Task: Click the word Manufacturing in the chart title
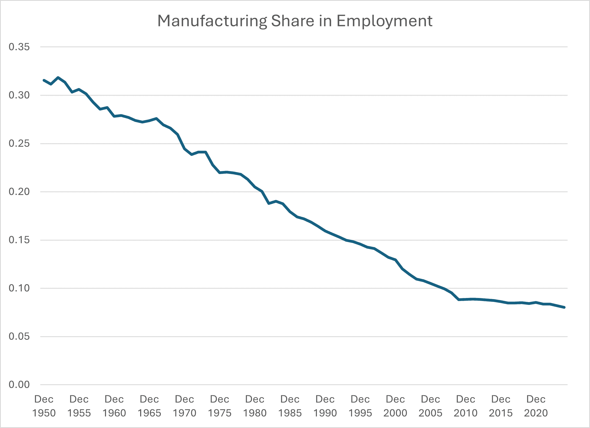click(x=212, y=21)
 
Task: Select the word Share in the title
click(x=292, y=21)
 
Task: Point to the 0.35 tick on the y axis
click(x=19, y=47)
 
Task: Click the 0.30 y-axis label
click(x=19, y=95)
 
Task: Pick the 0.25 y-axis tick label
click(x=19, y=143)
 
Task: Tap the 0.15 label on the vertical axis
click(x=19, y=240)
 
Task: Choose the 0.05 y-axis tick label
click(x=19, y=336)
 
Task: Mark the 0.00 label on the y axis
click(x=19, y=385)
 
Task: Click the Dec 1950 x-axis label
click(x=44, y=406)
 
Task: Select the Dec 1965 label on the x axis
click(x=149, y=406)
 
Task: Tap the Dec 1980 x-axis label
click(x=255, y=406)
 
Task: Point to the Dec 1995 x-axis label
click(x=360, y=406)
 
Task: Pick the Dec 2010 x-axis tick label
click(x=466, y=406)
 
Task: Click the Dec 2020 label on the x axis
click(x=536, y=406)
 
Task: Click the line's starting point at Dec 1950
click(x=44, y=80)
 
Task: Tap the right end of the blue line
click(x=564, y=307)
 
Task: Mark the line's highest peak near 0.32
click(x=58, y=78)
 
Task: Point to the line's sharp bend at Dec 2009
click(x=459, y=300)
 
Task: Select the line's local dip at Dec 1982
click(x=269, y=203)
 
